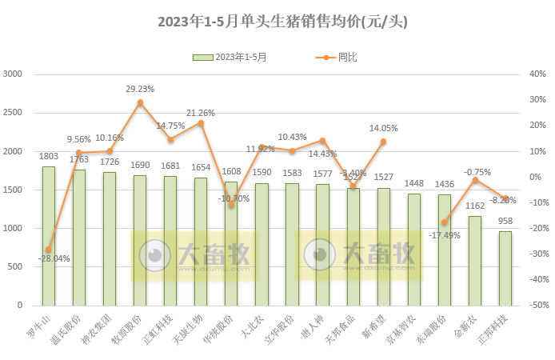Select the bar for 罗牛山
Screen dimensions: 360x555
coord(49,236)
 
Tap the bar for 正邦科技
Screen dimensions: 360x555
coord(505,268)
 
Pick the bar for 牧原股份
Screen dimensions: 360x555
coord(140,240)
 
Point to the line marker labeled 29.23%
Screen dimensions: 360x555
coord(140,102)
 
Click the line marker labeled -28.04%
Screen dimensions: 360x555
coord(49,250)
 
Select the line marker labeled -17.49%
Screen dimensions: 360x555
coord(445,222)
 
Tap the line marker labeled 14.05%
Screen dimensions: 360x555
coord(384,142)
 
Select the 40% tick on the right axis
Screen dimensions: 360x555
coord(536,74)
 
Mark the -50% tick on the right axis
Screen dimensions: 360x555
coord(534,306)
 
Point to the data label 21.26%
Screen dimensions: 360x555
coord(200,113)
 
